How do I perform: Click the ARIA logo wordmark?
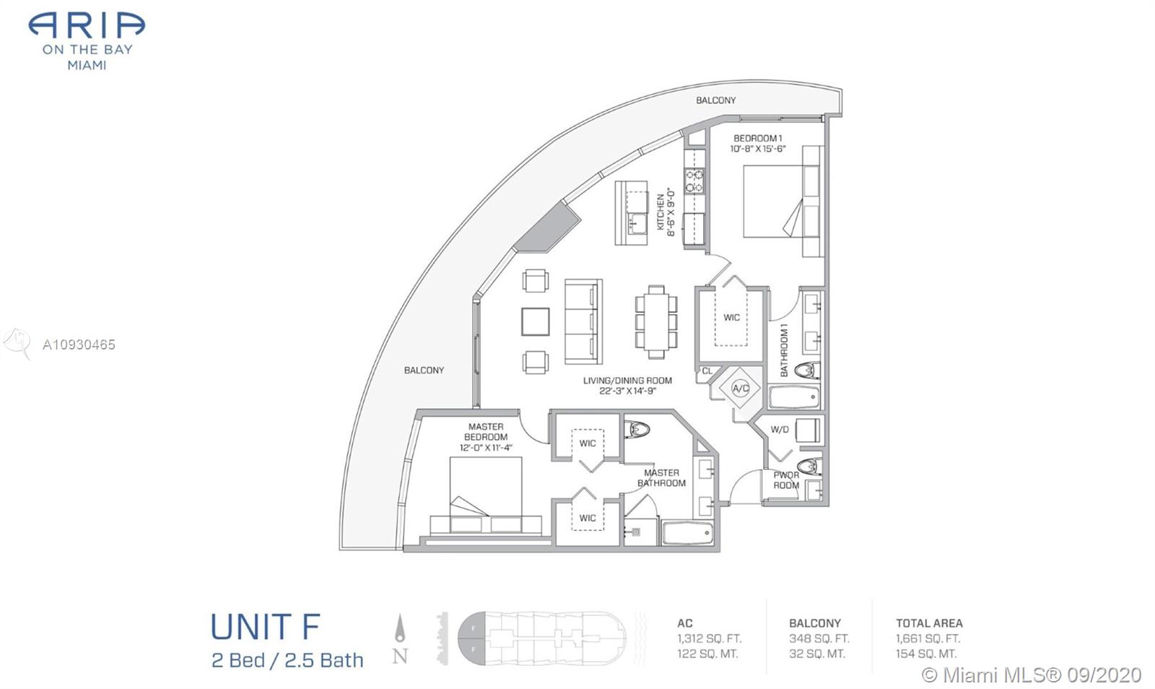(87, 26)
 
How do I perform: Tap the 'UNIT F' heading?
(266, 627)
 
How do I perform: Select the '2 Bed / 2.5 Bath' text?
(288, 661)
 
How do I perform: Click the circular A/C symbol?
(741, 389)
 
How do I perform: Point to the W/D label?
(779, 430)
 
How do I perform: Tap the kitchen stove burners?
(694, 181)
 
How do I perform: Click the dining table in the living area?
(656, 322)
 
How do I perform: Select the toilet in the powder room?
(808, 467)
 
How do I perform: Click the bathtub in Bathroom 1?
(793, 398)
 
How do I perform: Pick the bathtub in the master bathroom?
(688, 533)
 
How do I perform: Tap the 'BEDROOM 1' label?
(758, 138)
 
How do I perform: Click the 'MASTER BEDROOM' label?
(486, 432)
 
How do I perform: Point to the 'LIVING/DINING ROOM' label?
(627, 381)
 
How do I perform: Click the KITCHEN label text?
(661, 212)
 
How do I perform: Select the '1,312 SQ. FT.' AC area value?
(710, 638)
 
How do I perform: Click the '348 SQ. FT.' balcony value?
(819, 638)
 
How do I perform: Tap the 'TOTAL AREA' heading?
(929, 623)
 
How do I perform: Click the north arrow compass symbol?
(400, 628)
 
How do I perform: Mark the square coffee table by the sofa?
(535, 322)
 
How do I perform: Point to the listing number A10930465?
(79, 344)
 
